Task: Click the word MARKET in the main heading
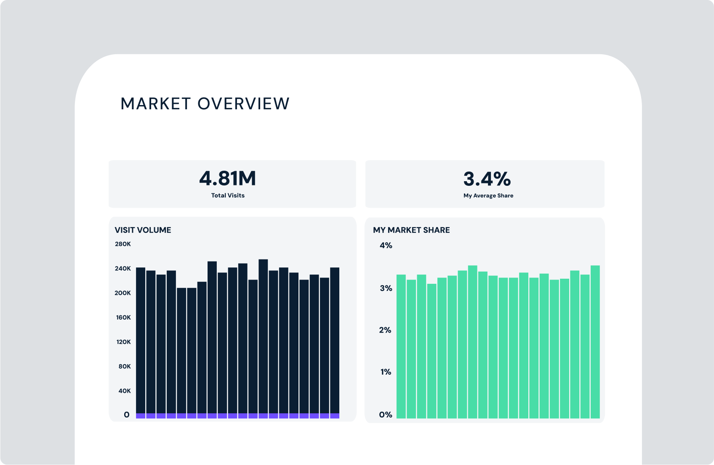tap(156, 104)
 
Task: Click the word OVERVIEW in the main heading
tap(243, 104)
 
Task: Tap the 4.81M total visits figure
tap(228, 179)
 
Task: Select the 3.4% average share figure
tap(487, 179)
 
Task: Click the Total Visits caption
tap(228, 196)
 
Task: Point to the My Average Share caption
tap(488, 196)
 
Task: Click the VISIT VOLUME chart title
tap(143, 230)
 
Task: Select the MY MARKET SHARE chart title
tap(411, 230)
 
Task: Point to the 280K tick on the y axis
tap(123, 244)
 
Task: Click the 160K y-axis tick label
tap(123, 317)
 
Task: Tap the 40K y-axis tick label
tap(125, 391)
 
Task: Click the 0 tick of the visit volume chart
tap(127, 415)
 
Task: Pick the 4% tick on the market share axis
tap(386, 246)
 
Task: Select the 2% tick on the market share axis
tap(385, 330)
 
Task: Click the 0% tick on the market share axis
tap(385, 415)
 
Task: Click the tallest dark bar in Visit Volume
tap(263, 336)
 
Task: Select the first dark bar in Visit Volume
tap(141, 341)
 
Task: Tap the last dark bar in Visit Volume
tap(335, 341)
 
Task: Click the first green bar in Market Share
tap(401, 347)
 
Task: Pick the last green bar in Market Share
tap(595, 343)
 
